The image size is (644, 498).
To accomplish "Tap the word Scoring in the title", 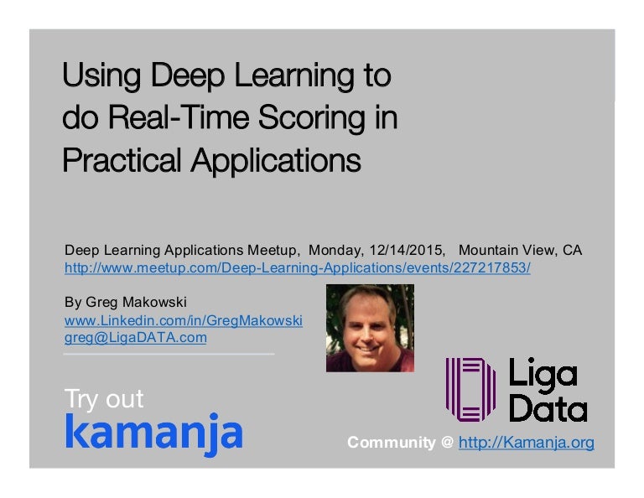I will point(309,118).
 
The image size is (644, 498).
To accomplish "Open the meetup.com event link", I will point(298,268).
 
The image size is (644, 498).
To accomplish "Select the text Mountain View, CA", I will point(520,251).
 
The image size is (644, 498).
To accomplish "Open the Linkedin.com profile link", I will point(184,321).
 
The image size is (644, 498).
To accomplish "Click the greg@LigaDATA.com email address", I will point(136,338).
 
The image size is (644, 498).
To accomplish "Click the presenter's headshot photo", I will point(369,328).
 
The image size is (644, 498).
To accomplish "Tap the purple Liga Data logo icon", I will point(470,389).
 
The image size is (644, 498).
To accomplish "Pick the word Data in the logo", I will point(548,407).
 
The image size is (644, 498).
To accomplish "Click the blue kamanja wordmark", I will point(153,433).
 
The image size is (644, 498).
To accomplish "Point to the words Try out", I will point(104,399).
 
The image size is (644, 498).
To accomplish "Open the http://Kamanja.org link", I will point(527,442).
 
